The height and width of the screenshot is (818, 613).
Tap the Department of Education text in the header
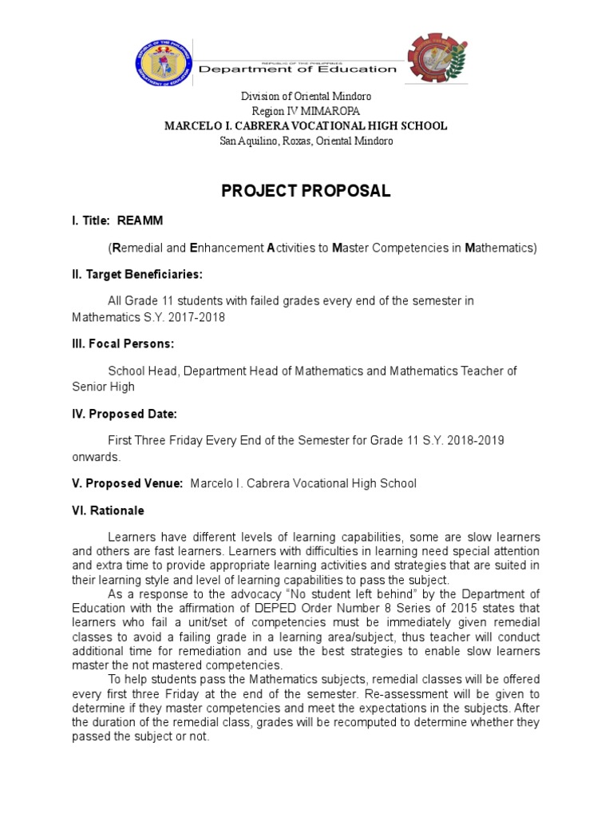(x=297, y=69)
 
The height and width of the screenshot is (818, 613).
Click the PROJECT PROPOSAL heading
(x=306, y=192)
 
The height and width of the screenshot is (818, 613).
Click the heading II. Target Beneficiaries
(x=136, y=274)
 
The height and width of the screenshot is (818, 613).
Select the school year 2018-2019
(x=475, y=440)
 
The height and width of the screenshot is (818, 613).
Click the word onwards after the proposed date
(x=96, y=457)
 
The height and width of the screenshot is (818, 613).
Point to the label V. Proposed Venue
(x=128, y=483)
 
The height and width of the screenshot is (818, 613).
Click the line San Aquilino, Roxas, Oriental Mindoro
(x=306, y=141)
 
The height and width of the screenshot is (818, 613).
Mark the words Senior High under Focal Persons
(x=103, y=387)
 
